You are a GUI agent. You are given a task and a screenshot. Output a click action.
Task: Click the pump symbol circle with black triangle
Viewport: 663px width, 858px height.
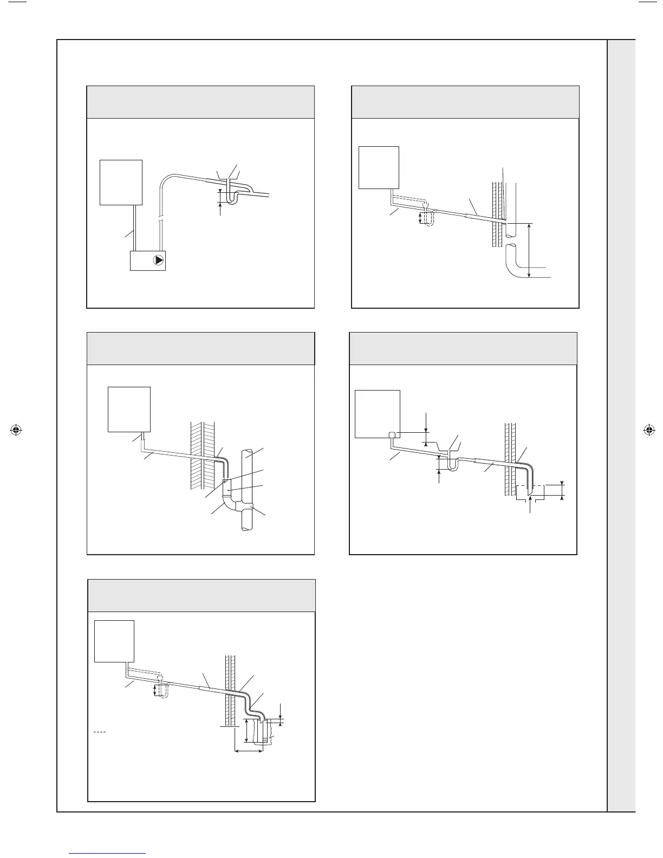pos(158,260)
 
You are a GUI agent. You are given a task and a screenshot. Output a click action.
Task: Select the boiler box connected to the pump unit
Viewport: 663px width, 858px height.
pos(121,182)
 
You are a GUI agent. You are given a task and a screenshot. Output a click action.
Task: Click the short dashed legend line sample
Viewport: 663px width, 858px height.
pos(99,732)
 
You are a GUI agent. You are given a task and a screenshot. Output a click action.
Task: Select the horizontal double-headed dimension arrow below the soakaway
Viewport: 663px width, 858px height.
pos(249,750)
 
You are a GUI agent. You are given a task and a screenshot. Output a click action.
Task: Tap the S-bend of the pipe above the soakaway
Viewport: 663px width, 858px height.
pos(250,707)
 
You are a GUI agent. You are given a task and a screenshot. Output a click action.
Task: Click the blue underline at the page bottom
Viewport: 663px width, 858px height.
pos(108,854)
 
